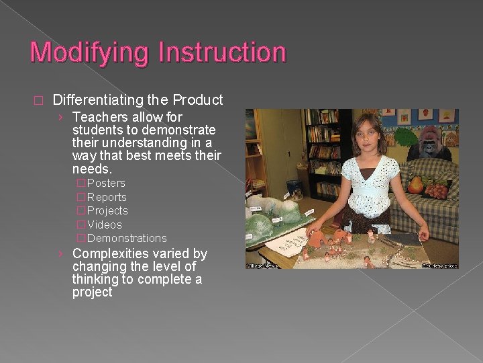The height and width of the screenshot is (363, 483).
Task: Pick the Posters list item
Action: (106, 183)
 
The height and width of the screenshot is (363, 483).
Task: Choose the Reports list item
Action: (107, 197)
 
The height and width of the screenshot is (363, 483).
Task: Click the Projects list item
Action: (107, 210)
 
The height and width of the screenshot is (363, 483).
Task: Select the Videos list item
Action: (105, 225)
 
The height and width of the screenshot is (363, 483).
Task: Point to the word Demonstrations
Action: (127, 238)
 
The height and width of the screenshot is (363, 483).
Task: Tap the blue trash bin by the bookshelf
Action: (294, 189)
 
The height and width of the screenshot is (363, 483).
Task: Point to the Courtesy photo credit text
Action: (439, 265)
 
